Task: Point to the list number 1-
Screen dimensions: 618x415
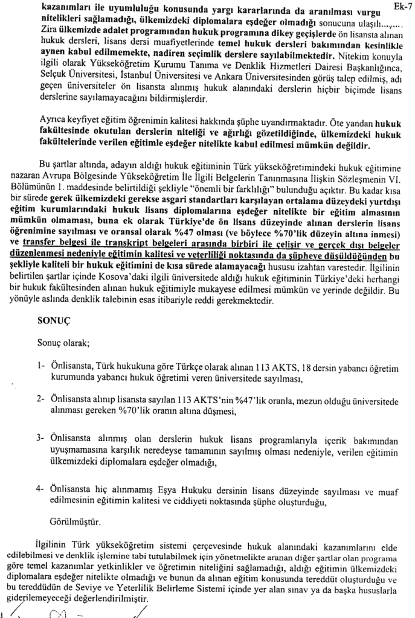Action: [x=40, y=367]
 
